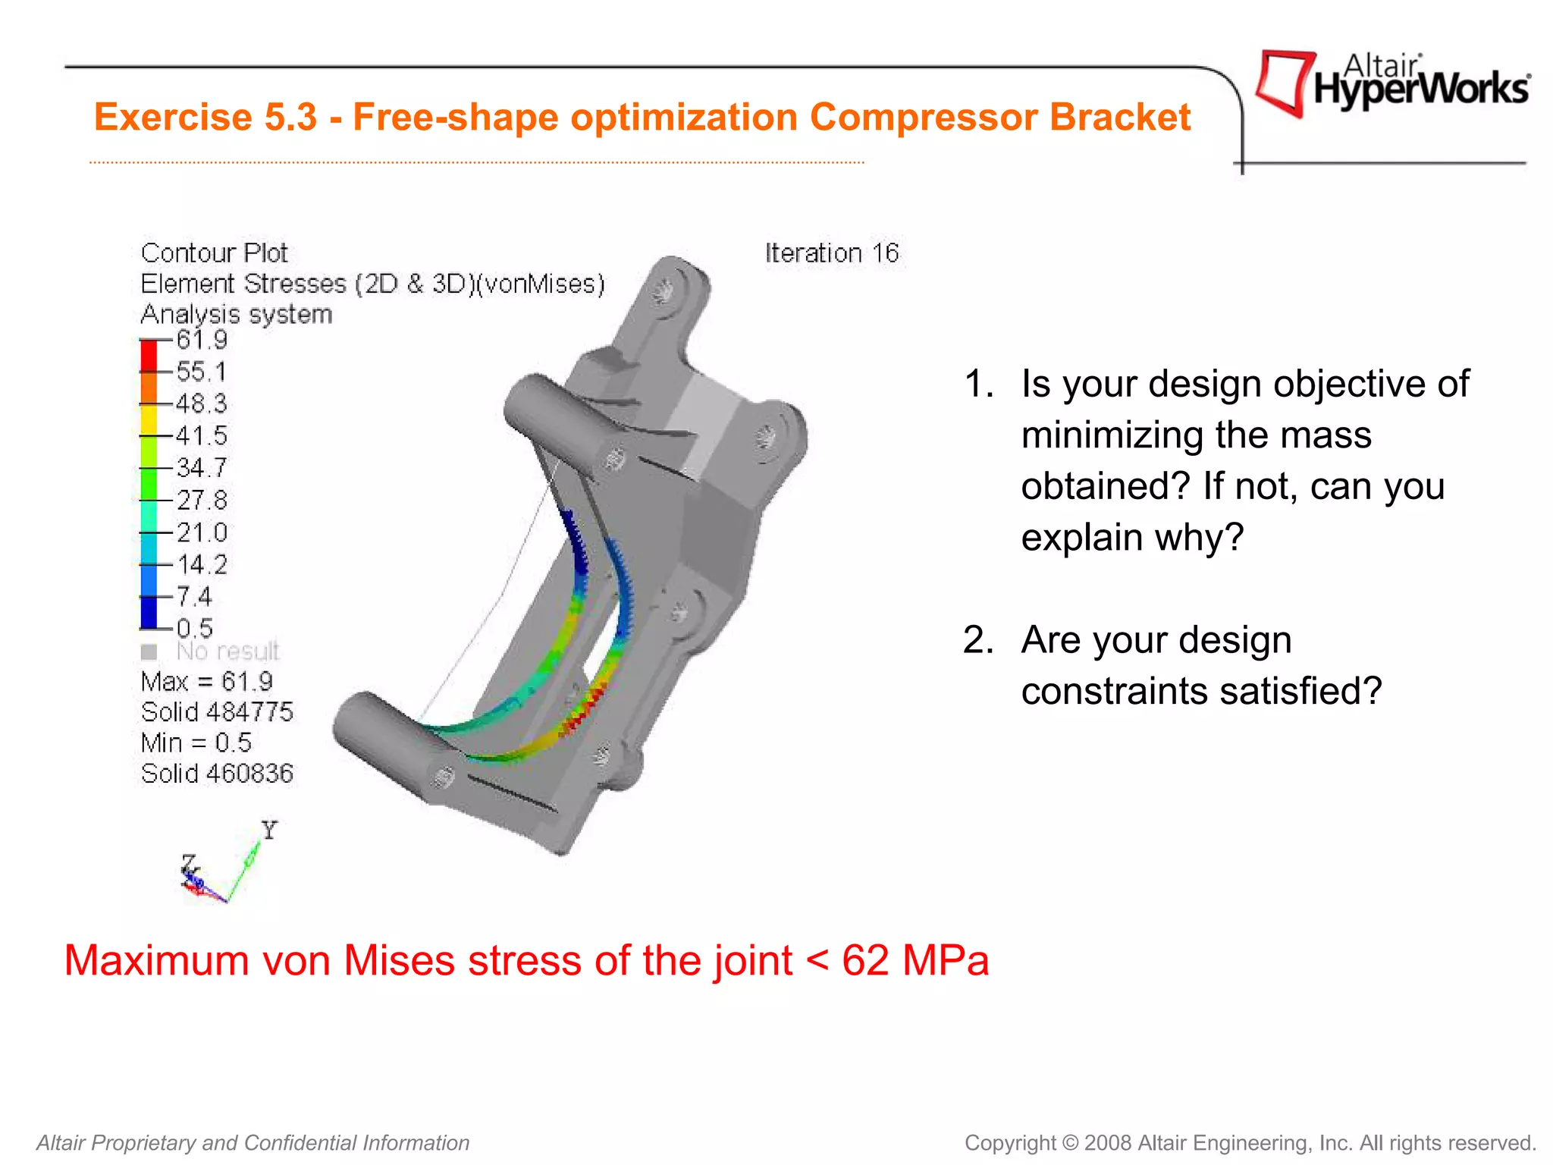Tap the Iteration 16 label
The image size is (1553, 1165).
pos(831,253)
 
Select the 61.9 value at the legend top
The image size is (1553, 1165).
pos(201,339)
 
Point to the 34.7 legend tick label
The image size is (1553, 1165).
pos(201,467)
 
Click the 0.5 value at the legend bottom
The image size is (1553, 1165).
pos(194,628)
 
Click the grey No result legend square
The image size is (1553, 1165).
pos(149,652)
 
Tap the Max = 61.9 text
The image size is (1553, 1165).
pos(206,681)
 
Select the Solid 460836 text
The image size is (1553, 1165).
pos(217,773)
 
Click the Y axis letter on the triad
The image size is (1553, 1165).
pos(269,830)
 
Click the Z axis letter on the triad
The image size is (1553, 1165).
pos(188,863)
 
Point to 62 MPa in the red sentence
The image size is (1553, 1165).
pos(915,960)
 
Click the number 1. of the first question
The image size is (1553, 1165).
pos(978,384)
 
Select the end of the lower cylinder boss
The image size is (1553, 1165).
pos(443,776)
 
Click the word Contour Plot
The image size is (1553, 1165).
pos(214,253)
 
